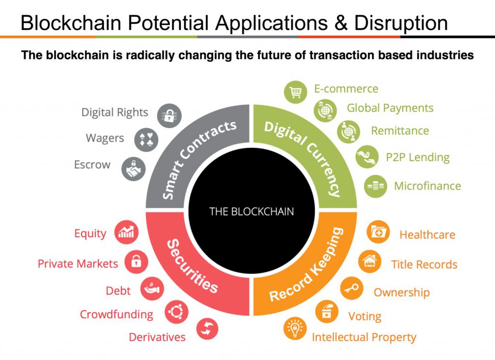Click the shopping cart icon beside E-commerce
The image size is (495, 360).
point(295,92)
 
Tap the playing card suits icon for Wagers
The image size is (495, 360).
point(146,140)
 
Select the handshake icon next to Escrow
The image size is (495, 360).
point(133,169)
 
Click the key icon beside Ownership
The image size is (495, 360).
point(352,288)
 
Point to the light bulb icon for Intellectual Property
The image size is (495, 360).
point(295,329)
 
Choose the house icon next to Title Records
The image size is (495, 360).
point(370,261)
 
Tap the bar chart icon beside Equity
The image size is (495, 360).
point(126,232)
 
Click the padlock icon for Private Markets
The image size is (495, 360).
point(136,261)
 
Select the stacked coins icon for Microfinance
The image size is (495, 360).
point(375,186)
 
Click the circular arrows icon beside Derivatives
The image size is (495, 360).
point(207,329)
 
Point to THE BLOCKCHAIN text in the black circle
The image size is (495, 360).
point(251,211)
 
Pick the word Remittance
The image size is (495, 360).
point(400,130)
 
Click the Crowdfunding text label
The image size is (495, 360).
point(116,315)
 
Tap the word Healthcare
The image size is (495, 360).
point(427,235)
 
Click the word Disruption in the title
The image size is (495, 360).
point(401,23)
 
